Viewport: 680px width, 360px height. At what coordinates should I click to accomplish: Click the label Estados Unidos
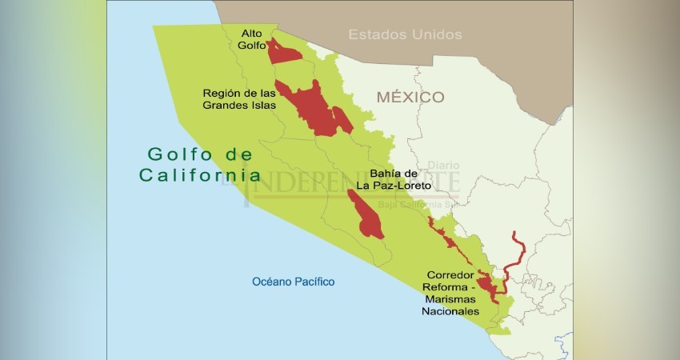pyautogui.click(x=405, y=34)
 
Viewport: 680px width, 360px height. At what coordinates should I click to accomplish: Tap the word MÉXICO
pyautogui.click(x=410, y=97)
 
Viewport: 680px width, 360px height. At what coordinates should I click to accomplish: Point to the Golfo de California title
pyautogui.click(x=199, y=164)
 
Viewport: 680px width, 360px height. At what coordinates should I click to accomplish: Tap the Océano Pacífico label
pyautogui.click(x=293, y=282)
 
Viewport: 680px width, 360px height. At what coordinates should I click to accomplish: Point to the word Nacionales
pyautogui.click(x=453, y=311)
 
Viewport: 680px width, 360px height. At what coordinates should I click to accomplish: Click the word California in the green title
pyautogui.click(x=199, y=174)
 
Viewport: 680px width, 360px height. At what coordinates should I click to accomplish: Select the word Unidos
pyautogui.click(x=436, y=34)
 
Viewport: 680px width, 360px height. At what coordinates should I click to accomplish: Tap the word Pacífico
pyautogui.click(x=313, y=282)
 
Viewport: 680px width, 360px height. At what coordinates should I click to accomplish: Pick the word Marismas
pyautogui.click(x=453, y=298)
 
